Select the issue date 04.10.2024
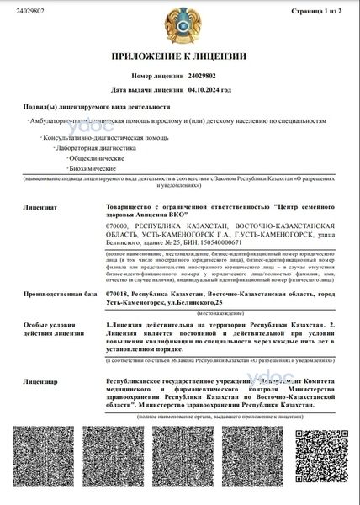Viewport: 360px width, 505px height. coord(209,88)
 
